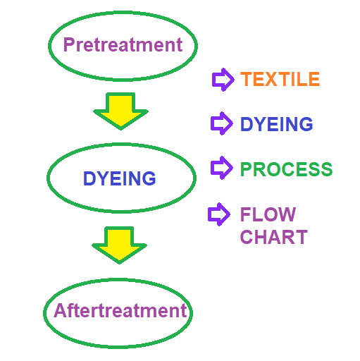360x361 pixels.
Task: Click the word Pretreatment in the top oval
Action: tap(123, 44)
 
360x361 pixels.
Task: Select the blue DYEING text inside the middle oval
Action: tap(120, 178)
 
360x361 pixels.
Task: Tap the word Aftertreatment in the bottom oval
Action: tap(120, 310)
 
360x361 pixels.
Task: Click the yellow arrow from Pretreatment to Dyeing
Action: tap(120, 111)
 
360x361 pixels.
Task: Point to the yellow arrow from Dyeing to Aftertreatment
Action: tap(119, 245)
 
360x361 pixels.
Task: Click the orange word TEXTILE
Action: tap(280, 79)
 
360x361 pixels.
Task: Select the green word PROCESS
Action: tap(286, 169)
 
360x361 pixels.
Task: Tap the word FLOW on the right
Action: tap(268, 214)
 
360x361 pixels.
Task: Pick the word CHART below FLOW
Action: tap(274, 237)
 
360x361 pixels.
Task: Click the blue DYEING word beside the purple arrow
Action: tap(277, 124)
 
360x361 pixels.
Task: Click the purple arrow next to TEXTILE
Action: tap(223, 80)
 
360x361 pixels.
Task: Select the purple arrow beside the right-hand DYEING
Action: tap(222, 123)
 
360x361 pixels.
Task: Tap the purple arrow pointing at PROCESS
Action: tap(222, 168)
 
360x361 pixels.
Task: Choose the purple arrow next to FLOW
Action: tap(219, 214)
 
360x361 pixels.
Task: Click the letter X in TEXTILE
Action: tap(271, 79)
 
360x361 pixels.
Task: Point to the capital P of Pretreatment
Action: tap(69, 44)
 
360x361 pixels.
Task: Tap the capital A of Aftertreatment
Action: tap(61, 310)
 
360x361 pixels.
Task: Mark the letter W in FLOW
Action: tap(285, 214)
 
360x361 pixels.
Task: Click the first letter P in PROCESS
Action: tap(246, 169)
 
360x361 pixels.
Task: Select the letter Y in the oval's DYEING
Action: tap(102, 178)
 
